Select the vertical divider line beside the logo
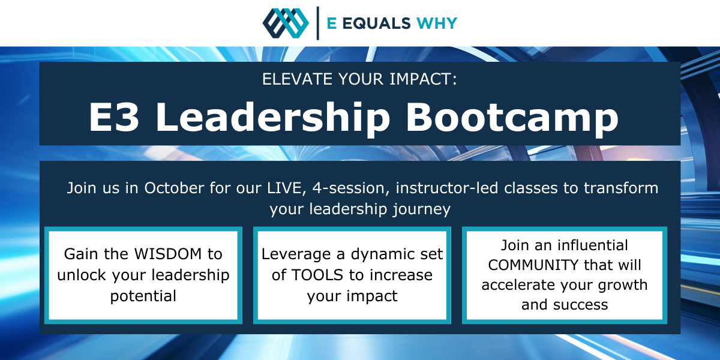pos(317,23)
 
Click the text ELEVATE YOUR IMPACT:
pos(359,79)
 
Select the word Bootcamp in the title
pos(512,117)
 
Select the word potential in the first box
pos(143,296)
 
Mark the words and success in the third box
pos(565,304)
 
